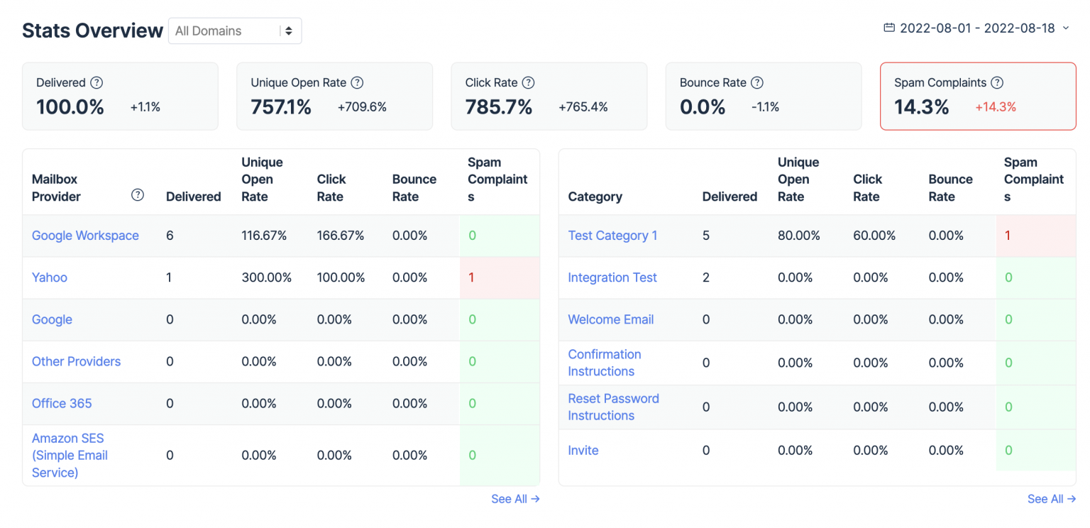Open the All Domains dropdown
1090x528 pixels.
click(x=234, y=31)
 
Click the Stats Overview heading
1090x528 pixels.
click(x=92, y=31)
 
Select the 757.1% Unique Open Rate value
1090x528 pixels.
click(x=281, y=107)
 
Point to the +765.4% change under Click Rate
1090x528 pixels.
click(x=583, y=107)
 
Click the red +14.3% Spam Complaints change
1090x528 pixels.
click(x=996, y=107)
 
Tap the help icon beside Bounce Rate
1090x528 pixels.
click(x=757, y=83)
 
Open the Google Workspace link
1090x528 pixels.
click(x=85, y=236)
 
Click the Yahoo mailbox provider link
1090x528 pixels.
click(x=50, y=277)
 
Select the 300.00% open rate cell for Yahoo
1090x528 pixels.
click(x=266, y=277)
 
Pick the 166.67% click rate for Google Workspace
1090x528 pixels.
click(x=341, y=236)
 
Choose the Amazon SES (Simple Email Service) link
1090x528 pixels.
click(x=70, y=456)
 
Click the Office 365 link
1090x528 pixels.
click(x=62, y=403)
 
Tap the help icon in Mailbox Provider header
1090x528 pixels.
click(x=138, y=195)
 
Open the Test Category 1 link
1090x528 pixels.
click(x=612, y=236)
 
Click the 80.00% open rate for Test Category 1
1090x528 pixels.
click(x=798, y=236)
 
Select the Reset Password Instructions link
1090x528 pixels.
click(x=613, y=407)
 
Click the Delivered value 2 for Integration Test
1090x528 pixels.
click(x=706, y=277)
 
